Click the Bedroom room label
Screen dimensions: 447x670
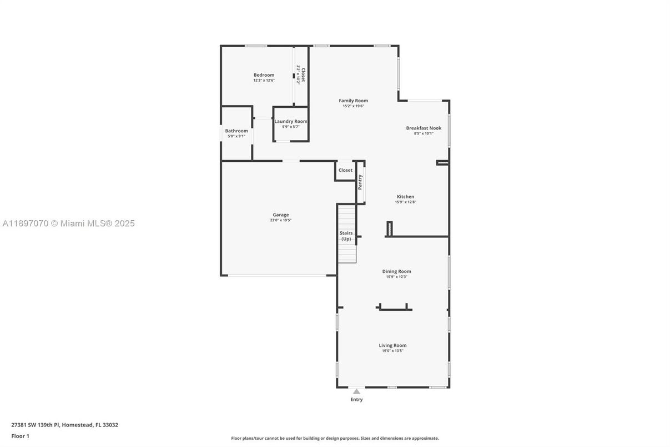[x=264, y=75]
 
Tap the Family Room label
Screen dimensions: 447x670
[x=353, y=101]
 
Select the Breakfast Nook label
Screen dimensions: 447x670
[x=424, y=128]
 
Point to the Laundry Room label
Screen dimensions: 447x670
[x=291, y=121]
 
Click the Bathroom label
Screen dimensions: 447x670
[x=236, y=131]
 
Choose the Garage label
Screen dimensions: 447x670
[x=280, y=215]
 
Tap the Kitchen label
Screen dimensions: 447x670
[x=405, y=196]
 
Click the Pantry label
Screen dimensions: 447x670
[x=360, y=182]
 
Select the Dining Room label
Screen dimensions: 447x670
[x=396, y=271]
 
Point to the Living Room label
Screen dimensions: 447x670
[x=392, y=345]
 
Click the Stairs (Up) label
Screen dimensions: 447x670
[x=346, y=236]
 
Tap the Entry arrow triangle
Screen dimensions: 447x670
[x=356, y=391]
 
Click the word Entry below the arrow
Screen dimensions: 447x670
[x=356, y=400]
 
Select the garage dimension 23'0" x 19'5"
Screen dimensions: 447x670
[x=280, y=220]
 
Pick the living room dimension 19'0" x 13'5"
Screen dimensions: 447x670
[x=392, y=351]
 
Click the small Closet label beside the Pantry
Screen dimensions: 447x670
[x=345, y=170]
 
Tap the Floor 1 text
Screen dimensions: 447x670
[x=20, y=436]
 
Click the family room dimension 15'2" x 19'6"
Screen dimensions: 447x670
[x=353, y=106]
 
